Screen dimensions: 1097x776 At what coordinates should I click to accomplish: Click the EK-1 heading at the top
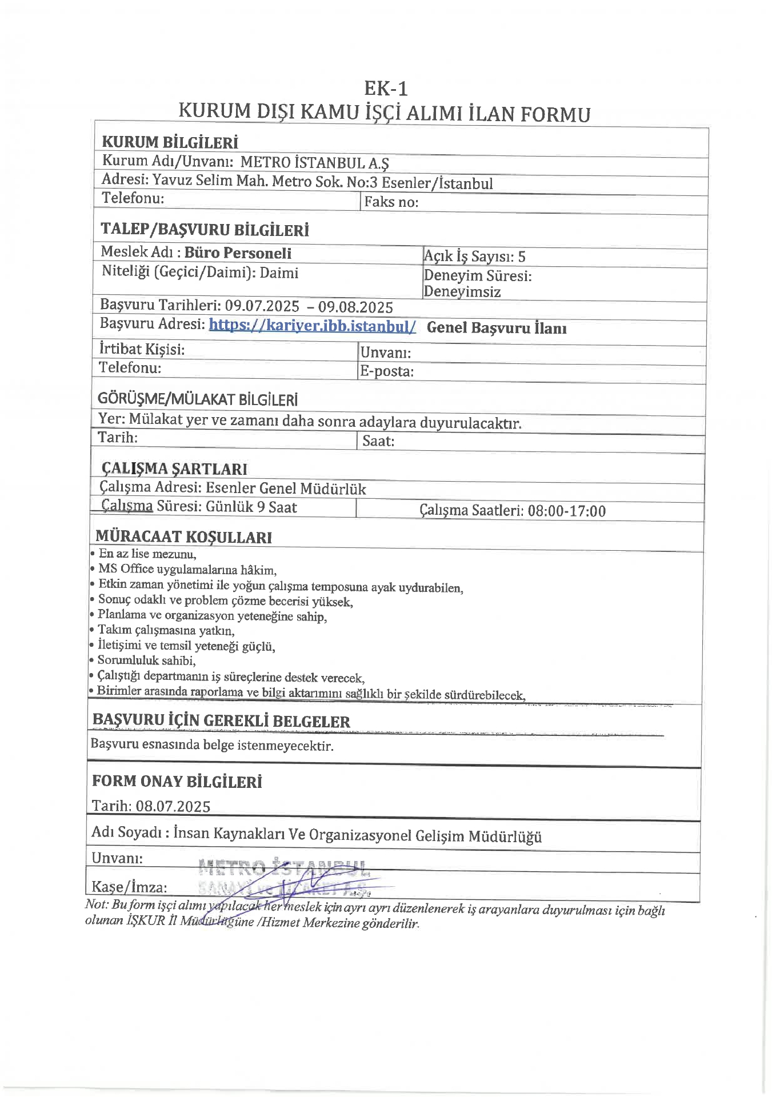pos(386,89)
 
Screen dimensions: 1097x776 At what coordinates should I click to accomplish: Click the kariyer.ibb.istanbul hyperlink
pos(312,326)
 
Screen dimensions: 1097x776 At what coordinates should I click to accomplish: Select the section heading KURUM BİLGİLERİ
pos(170,142)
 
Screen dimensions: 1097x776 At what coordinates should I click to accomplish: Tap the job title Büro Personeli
pos(238,253)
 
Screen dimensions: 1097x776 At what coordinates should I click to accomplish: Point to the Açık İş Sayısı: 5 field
pos(474,257)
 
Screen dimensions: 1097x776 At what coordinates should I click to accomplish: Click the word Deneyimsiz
pos(462,292)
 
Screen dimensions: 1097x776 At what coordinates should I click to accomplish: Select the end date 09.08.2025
pos(355,307)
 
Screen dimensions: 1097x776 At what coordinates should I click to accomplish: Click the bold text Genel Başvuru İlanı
pos(497,328)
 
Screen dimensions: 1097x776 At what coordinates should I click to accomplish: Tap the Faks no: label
pos(391,202)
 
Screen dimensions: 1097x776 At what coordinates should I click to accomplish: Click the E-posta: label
pos(387,371)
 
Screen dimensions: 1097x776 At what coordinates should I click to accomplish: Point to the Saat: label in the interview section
pos(378,441)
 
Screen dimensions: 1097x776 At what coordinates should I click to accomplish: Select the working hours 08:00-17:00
pos(566,511)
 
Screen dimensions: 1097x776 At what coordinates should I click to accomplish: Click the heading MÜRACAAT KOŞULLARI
pos(183,537)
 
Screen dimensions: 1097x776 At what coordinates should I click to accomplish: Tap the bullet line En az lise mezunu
pos(147,554)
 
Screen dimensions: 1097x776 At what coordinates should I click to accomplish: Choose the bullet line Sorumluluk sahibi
pos(146,661)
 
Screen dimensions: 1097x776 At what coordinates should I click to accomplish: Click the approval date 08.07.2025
pos(173,806)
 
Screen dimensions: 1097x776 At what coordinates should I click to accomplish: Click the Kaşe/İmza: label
pos(129,887)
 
